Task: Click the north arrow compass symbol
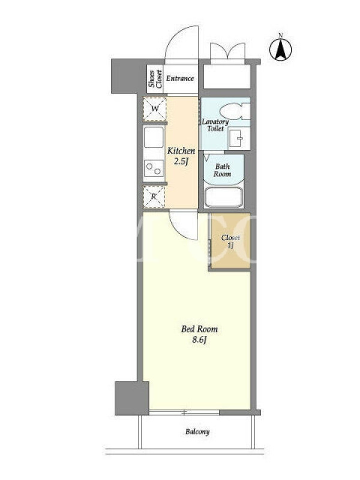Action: pyautogui.click(x=280, y=49)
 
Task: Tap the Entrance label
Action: pyautogui.click(x=180, y=79)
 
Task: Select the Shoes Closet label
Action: pyautogui.click(x=155, y=79)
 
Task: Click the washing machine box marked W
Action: pyautogui.click(x=155, y=109)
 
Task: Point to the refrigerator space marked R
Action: pyautogui.click(x=154, y=197)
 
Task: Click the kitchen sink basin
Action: pyautogui.click(x=154, y=137)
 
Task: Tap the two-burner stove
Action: pyautogui.click(x=154, y=169)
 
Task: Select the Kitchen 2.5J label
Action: pyautogui.click(x=181, y=156)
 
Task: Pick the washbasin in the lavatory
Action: pyautogui.click(x=239, y=139)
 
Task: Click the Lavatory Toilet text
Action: pyautogui.click(x=215, y=125)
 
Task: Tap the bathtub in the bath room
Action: pyautogui.click(x=223, y=197)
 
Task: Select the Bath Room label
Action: pyautogui.click(x=223, y=170)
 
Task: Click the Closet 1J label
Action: pyautogui.click(x=230, y=241)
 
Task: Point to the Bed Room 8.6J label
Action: pyautogui.click(x=199, y=334)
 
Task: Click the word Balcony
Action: pyautogui.click(x=197, y=432)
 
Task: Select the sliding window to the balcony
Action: pyautogui.click(x=184, y=413)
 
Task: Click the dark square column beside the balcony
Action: pyautogui.click(x=131, y=398)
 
